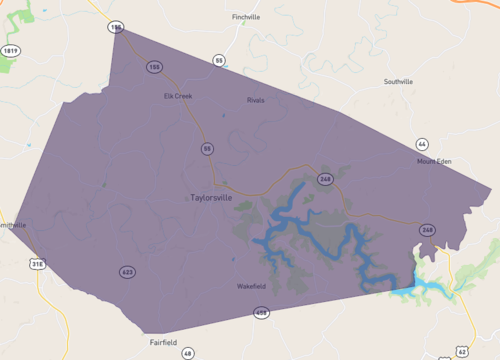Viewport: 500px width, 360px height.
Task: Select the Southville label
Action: pyautogui.click(x=404, y=82)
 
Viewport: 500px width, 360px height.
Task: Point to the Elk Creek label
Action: pyautogui.click(x=178, y=96)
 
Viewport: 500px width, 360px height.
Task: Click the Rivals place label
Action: pyautogui.click(x=256, y=100)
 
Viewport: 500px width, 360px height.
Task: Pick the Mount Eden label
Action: pyautogui.click(x=435, y=160)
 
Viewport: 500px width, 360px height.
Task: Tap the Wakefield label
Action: pyautogui.click(x=251, y=287)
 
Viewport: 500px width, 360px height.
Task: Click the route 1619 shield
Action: pyautogui.click(x=11, y=49)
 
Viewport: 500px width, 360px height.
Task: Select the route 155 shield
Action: pyautogui.click(x=154, y=67)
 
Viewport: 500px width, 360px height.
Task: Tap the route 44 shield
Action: pyautogui.click(x=422, y=144)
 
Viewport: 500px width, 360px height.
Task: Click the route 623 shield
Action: pyautogui.click(x=127, y=272)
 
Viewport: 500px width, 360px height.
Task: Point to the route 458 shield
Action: pyautogui.click(x=261, y=313)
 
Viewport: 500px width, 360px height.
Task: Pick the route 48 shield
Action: pyautogui.click(x=187, y=353)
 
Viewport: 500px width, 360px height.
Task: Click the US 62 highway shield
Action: pyautogui.click(x=461, y=351)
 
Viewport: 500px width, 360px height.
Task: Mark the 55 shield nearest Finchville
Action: pyautogui.click(x=219, y=61)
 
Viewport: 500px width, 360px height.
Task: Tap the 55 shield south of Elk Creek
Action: pyautogui.click(x=207, y=149)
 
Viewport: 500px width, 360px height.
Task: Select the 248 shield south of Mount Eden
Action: pyautogui.click(x=427, y=230)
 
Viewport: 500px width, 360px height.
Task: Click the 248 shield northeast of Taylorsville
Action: pyautogui.click(x=325, y=179)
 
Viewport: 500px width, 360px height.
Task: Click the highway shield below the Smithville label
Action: pyautogui.click(x=38, y=264)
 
